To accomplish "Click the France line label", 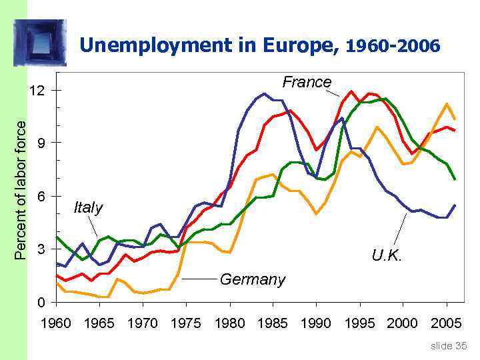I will point(306,82).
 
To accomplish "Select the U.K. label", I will point(387,256).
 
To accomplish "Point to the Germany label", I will point(252,279).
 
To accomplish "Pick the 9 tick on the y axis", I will point(41,143).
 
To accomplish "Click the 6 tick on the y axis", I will point(41,197).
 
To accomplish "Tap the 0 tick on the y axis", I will point(41,303).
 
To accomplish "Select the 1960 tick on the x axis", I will point(56,324).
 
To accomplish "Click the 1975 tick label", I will point(186,324).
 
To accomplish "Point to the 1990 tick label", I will point(316,324).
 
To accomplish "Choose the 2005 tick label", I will point(446,324).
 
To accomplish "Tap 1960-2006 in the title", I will point(393,46).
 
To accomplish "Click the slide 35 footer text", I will point(449,345).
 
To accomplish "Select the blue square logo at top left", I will point(41,42).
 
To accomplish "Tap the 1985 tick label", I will point(273,324).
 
